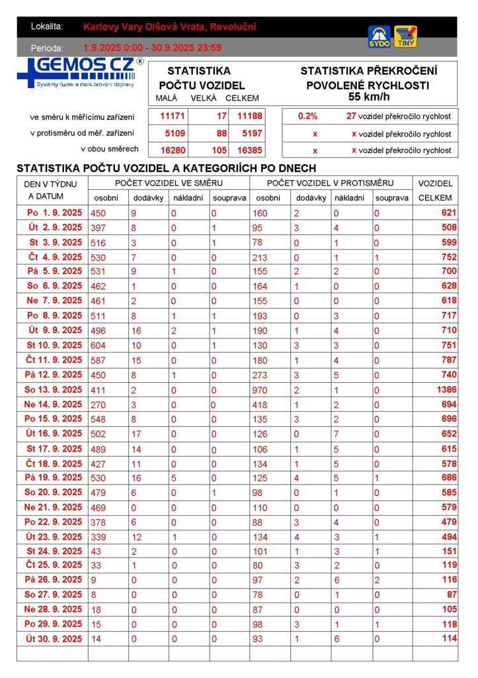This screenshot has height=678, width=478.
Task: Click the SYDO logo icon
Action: [x=379, y=36]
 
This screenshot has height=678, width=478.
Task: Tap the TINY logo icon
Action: [x=405, y=36]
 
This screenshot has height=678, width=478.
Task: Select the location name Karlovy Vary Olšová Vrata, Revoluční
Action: [x=170, y=27]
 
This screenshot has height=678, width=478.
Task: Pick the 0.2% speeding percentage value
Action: [x=307, y=116]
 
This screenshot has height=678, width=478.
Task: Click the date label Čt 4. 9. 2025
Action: [x=54, y=257]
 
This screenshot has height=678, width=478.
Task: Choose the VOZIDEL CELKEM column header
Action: [x=435, y=190]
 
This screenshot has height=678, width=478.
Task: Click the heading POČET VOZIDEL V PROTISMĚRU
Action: [x=330, y=183]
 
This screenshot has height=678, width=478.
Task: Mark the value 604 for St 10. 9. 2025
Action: [x=100, y=345]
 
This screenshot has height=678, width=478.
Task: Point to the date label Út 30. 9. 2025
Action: [x=54, y=639]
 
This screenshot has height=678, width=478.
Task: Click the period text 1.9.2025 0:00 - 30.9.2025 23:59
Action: [x=152, y=48]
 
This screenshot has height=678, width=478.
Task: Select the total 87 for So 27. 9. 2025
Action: [x=450, y=595]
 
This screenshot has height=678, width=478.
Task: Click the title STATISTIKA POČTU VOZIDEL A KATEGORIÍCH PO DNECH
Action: [x=166, y=168]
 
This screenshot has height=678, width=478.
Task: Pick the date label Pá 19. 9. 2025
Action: [x=54, y=477]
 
